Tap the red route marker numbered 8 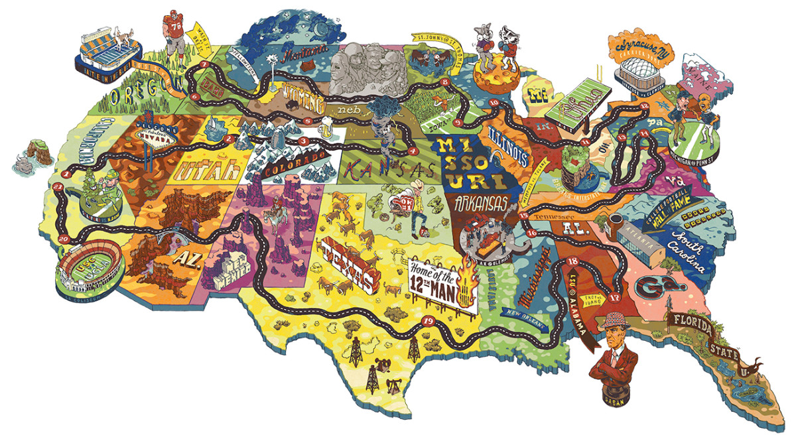(444, 82)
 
